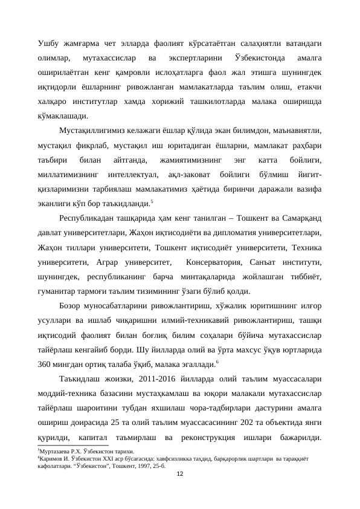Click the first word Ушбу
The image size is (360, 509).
48,43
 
